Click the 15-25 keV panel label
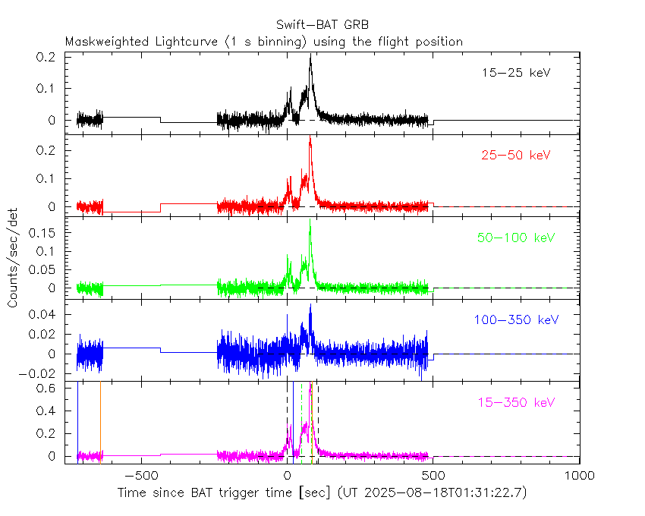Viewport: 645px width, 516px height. tap(516, 74)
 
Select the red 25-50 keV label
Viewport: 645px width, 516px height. tap(516, 156)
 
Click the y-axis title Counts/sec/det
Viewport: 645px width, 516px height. tap(14, 258)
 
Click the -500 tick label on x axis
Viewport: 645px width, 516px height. tap(141, 476)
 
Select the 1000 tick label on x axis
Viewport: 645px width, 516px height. tap(580, 476)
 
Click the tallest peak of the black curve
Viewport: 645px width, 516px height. tap(310, 57)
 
